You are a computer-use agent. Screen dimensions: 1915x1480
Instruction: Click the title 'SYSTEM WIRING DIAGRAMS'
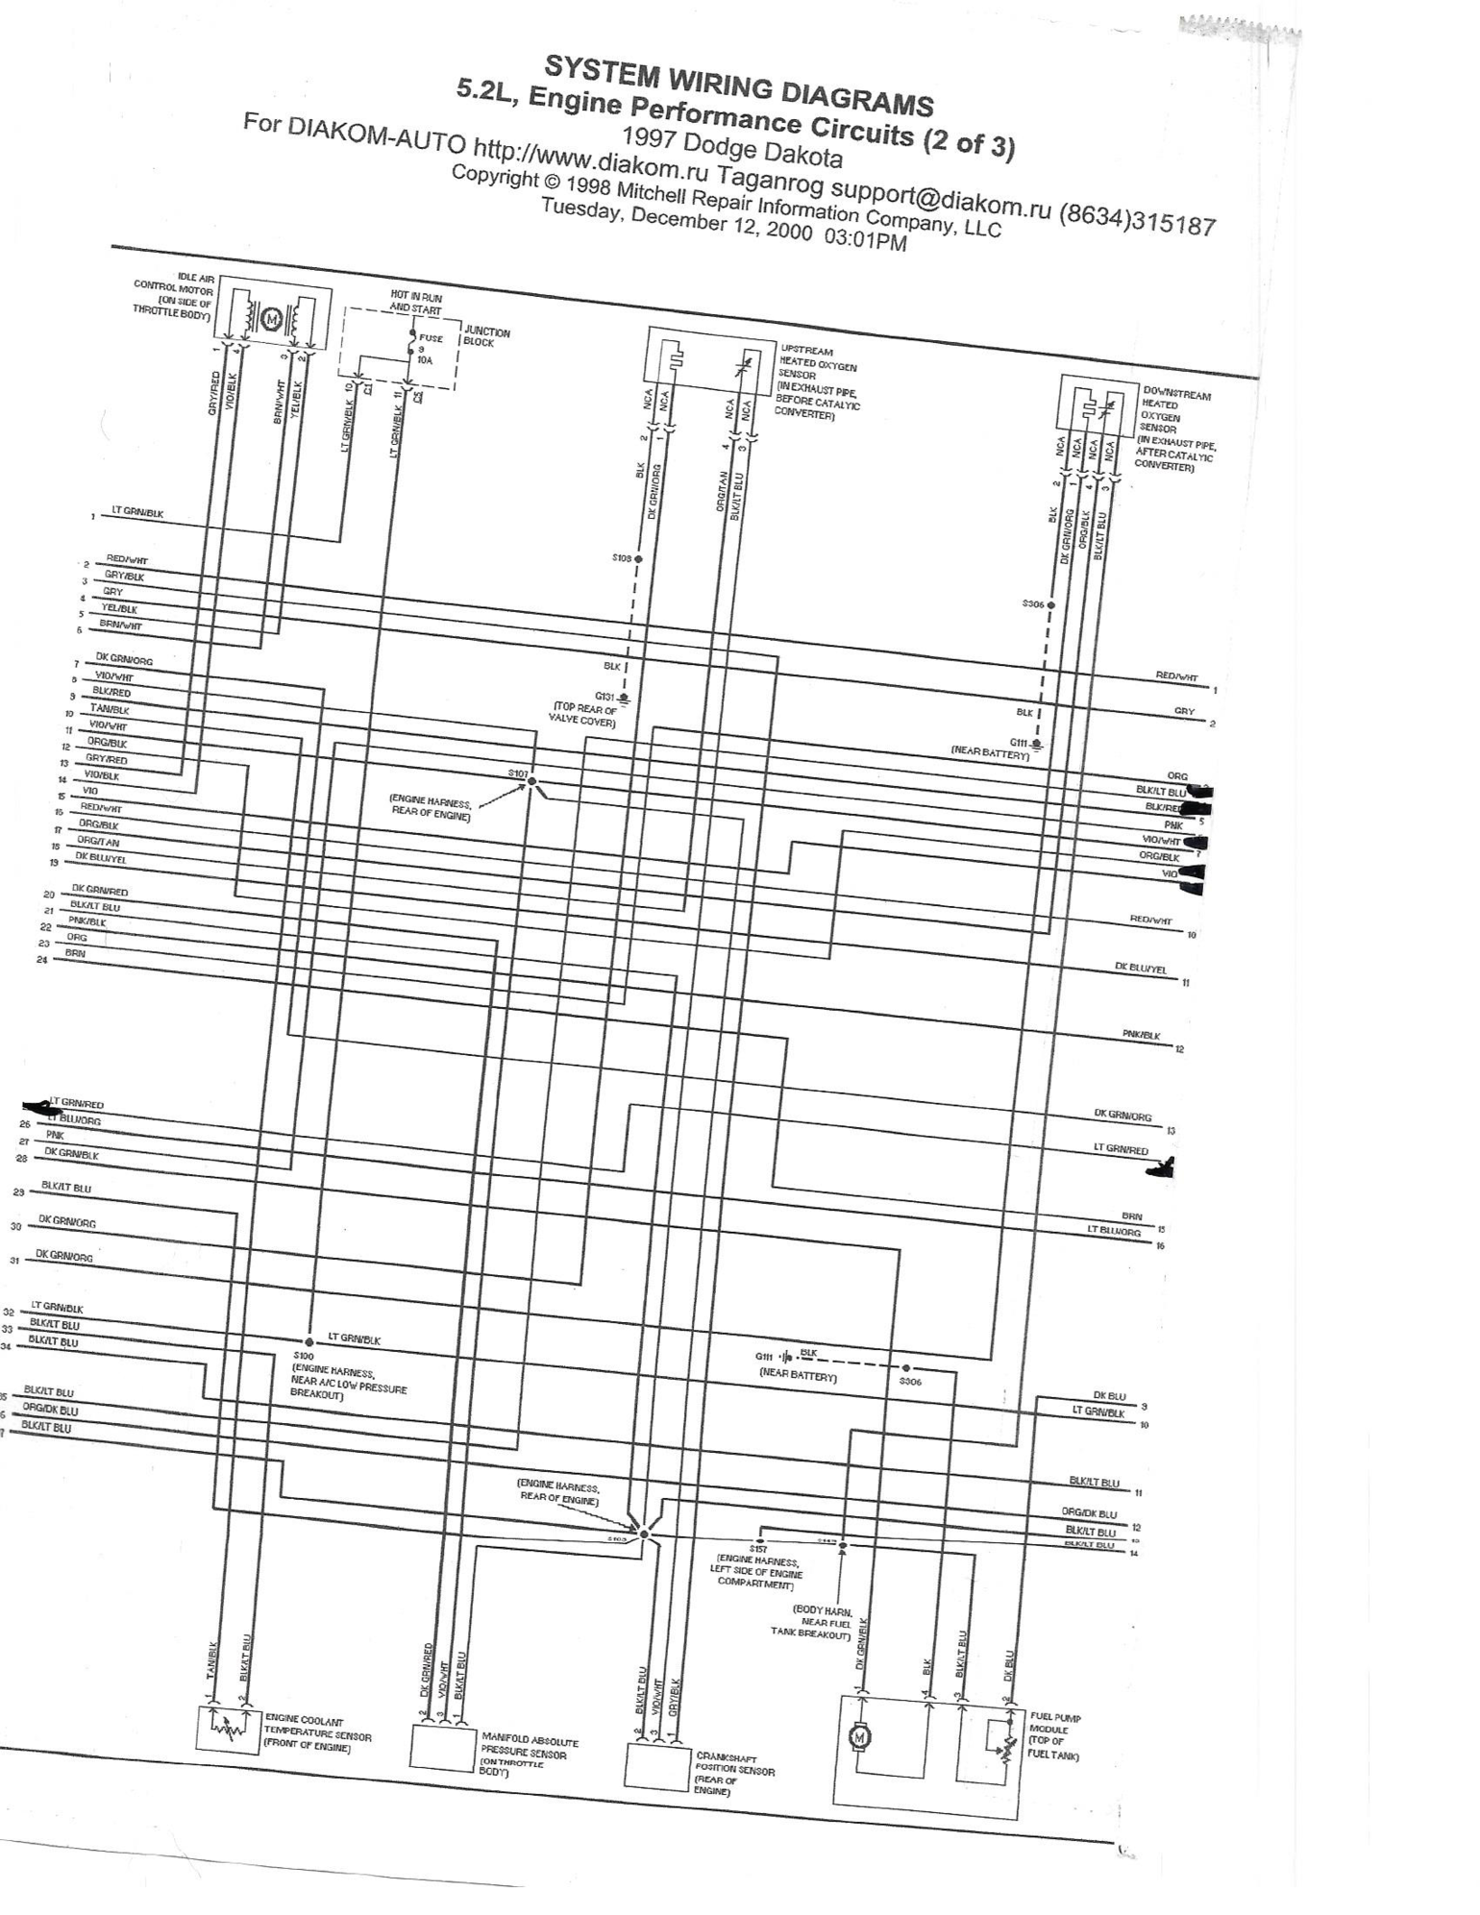[738, 85]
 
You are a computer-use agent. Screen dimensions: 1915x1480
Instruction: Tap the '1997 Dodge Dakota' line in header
[732, 144]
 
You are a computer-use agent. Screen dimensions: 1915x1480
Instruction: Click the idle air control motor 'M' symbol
[271, 318]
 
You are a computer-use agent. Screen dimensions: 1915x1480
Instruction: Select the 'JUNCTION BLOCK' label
[486, 337]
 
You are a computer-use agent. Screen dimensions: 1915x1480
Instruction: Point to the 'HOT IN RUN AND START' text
[415, 304]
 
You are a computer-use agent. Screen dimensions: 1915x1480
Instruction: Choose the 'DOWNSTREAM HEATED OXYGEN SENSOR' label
[1174, 428]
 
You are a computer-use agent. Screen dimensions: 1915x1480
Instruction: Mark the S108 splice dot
[638, 558]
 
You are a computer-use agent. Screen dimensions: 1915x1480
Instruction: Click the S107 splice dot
[531, 782]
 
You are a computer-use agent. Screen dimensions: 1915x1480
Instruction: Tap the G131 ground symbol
[626, 698]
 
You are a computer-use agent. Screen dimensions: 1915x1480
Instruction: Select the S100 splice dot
[309, 1342]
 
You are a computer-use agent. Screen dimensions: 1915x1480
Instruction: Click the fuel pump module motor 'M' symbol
[860, 1736]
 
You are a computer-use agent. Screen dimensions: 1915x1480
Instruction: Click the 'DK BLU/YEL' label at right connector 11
[1141, 970]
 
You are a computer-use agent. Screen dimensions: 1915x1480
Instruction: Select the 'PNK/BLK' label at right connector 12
[1141, 1035]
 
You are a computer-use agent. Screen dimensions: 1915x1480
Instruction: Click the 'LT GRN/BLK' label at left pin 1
[137, 513]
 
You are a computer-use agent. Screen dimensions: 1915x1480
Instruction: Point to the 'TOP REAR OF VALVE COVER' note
[582, 715]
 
